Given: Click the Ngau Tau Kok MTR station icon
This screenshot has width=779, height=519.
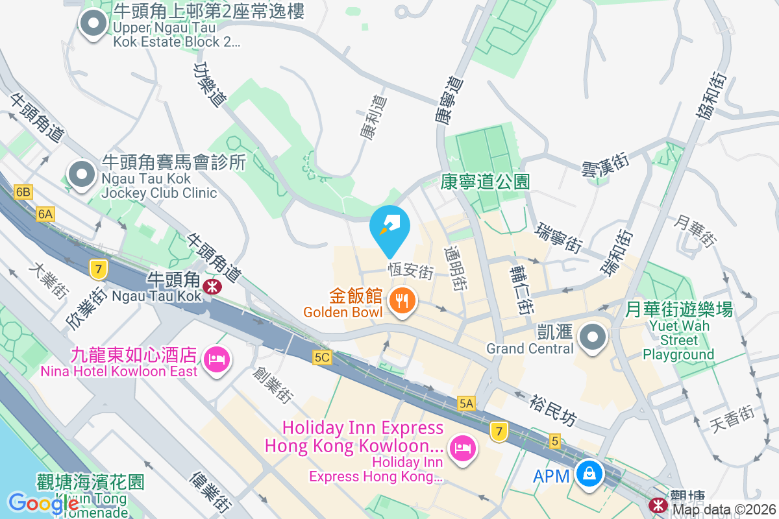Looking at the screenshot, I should click(212, 286).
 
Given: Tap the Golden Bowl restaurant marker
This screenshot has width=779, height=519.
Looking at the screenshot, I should click(402, 300).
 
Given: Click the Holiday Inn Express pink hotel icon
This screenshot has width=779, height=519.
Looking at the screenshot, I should click(462, 448).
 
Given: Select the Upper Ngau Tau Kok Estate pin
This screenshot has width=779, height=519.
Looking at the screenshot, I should click(93, 24).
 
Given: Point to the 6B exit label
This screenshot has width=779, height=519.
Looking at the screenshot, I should click(23, 192).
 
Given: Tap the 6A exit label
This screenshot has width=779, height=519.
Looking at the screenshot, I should click(45, 214).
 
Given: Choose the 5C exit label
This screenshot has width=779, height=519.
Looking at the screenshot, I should click(322, 357).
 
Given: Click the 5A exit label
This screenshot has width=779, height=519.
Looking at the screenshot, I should click(466, 404).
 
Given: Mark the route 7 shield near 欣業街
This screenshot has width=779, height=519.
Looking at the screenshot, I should click(99, 269).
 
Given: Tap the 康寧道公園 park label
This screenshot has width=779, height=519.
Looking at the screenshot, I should click(485, 182).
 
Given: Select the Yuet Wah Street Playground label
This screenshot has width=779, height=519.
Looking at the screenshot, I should click(678, 332).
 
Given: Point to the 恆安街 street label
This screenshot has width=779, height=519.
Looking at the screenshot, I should click(410, 271).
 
